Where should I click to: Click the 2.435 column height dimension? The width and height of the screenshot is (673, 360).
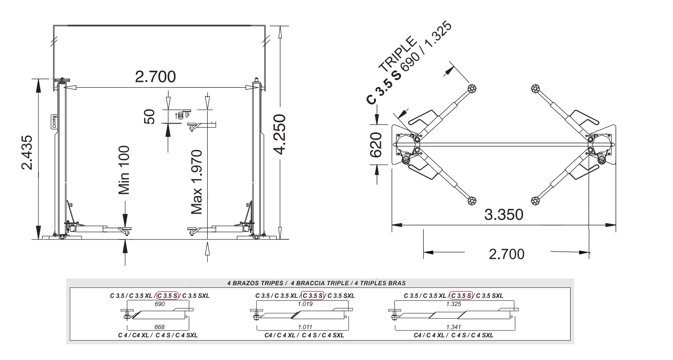pyautogui.click(x=27, y=153)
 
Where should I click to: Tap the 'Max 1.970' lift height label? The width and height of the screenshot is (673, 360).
pyautogui.click(x=197, y=182)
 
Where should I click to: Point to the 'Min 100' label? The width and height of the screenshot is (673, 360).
pyautogui.click(x=124, y=170)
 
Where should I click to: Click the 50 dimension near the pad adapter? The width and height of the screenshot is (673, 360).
pyautogui.click(x=149, y=117)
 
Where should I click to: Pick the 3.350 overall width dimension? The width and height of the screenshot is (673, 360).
pyautogui.click(x=504, y=214)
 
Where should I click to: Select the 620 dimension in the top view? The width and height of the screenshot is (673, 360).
pyautogui.click(x=375, y=145)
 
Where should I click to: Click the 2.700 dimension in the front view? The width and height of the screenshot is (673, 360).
pyautogui.click(x=155, y=77)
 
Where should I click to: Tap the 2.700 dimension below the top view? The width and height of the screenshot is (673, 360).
pyautogui.click(x=507, y=254)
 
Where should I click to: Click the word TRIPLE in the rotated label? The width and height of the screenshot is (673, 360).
pyautogui.click(x=397, y=54)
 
